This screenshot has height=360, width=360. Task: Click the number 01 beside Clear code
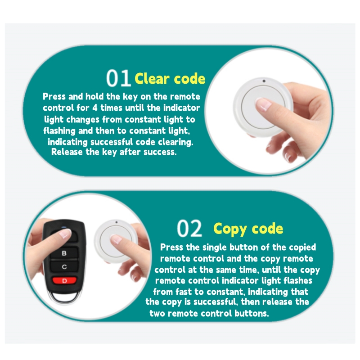point(118,78)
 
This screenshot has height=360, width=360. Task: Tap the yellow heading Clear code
point(170,79)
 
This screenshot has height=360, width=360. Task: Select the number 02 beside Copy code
point(189,228)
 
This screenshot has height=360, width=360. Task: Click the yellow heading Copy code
point(248,228)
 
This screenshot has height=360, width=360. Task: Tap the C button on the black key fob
point(64,267)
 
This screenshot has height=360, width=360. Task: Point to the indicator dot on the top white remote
point(263,81)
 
